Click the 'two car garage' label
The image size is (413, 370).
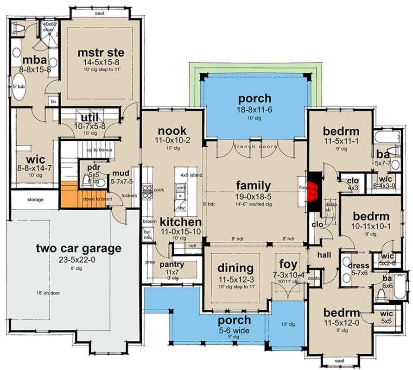(78, 248)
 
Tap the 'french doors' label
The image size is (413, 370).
(255, 147)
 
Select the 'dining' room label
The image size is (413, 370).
(235, 268)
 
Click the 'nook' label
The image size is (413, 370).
(172, 131)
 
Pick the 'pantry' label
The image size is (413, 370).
(172, 264)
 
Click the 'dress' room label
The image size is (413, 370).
(358, 266)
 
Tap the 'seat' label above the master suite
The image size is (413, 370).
(99, 13)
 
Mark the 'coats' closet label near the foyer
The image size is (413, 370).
(314, 278)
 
